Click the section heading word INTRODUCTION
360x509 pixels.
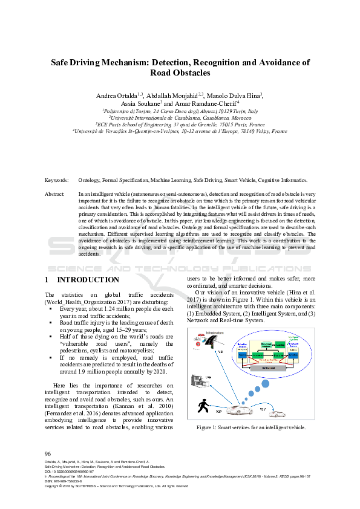coord(88,280)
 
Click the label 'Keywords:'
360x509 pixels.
coord(57,180)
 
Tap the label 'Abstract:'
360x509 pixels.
coord(55,193)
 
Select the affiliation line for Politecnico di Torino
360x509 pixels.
coord(180,111)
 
